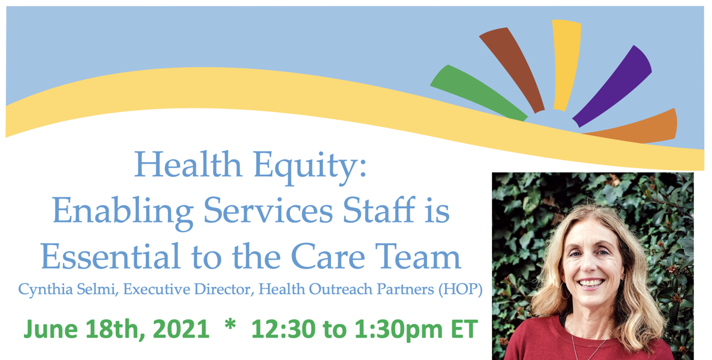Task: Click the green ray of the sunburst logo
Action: pyautogui.click(x=477, y=92)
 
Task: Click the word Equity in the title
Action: pyautogui.click(x=310, y=167)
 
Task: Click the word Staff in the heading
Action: pyautogui.click(x=379, y=210)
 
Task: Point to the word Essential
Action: pyautogui.click(x=110, y=256)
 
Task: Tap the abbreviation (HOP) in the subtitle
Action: pyautogui.click(x=460, y=289)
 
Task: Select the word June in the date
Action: pyautogui.click(x=51, y=330)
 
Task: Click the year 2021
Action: pyautogui.click(x=181, y=329)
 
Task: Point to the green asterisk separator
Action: pyautogui.click(x=230, y=325)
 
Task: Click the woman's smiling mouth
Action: pyautogui.click(x=591, y=283)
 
